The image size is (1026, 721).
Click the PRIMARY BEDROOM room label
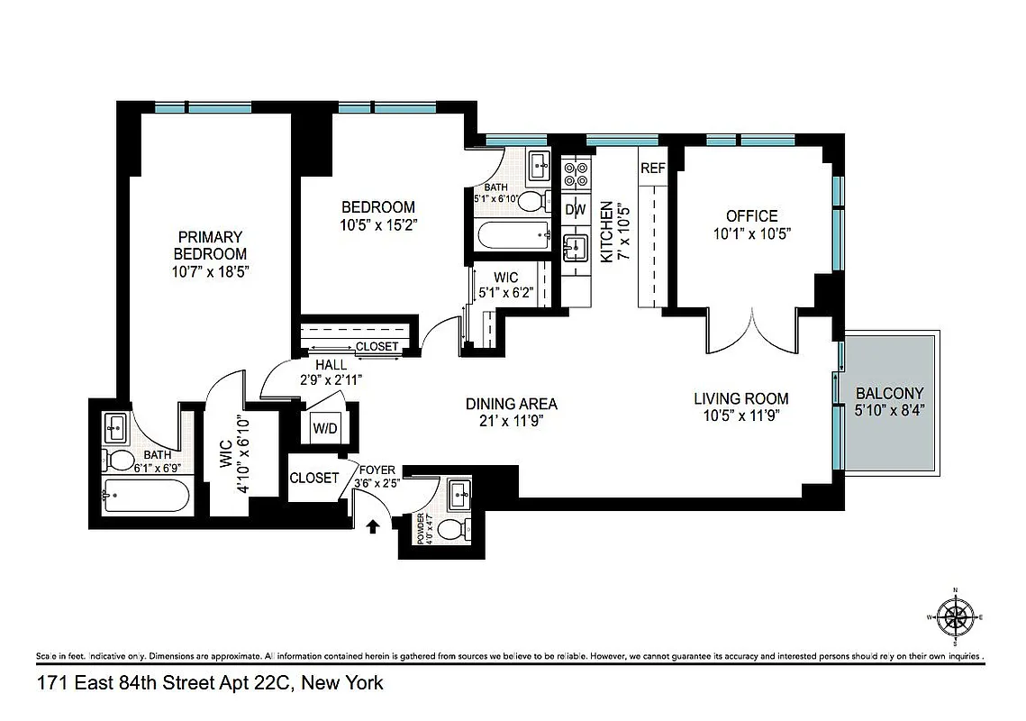210,245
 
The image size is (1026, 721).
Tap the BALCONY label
889,393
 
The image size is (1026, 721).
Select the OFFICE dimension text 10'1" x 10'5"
752,233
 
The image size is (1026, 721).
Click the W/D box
324,428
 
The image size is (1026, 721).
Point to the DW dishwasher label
575,210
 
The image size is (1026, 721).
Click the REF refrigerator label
652,169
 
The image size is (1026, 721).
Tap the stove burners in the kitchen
575,174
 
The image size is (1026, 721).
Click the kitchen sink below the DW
574,246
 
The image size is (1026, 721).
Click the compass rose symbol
955,617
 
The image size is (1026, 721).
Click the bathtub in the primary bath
145,497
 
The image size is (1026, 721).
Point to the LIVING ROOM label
740,398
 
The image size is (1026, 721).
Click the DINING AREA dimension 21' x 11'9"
511,420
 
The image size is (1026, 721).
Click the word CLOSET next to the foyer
313,478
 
